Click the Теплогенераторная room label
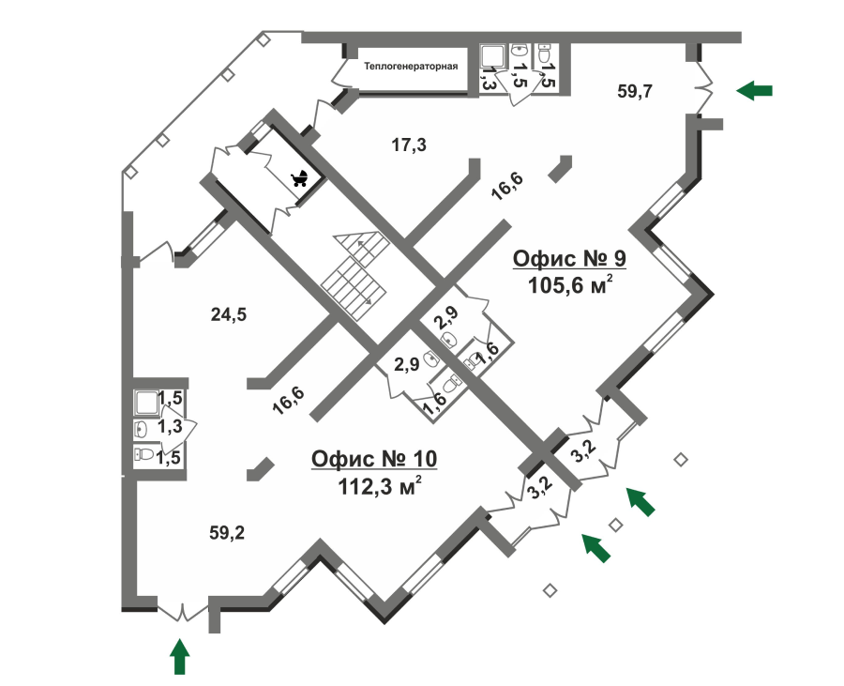coord(411,67)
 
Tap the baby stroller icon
coord(301,178)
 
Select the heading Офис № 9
coord(569,258)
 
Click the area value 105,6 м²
coord(571,285)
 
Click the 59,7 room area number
coord(636,91)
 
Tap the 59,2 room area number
coord(227,533)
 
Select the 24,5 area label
coord(228,315)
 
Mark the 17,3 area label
coord(409,145)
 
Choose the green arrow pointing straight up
coord(180,656)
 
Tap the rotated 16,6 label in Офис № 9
coord(507,187)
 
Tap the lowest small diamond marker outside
coord(550,589)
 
